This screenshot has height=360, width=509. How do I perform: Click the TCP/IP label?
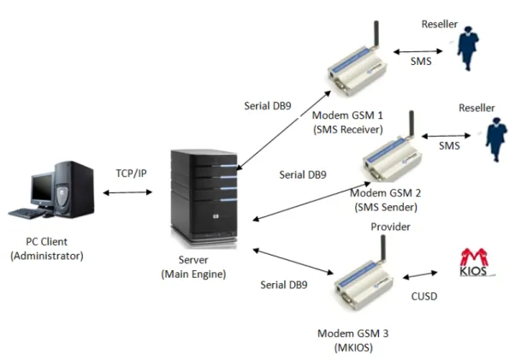click(x=131, y=174)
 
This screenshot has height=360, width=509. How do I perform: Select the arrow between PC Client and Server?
click(x=127, y=192)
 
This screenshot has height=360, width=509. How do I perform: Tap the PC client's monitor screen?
click(x=42, y=189)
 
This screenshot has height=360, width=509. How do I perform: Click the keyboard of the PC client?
click(x=27, y=213)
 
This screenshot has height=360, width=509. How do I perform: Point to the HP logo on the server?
click(x=216, y=216)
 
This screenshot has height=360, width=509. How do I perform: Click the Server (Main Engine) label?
click(x=193, y=267)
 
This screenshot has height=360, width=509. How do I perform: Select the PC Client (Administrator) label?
click(x=47, y=249)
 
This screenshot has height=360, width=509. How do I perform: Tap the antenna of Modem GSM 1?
click(x=376, y=34)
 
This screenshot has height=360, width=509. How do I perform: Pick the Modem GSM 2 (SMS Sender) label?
click(x=386, y=200)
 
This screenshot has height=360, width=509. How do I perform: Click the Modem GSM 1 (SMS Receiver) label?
click(x=347, y=122)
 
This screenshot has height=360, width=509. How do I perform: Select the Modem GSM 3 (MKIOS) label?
click(x=353, y=340)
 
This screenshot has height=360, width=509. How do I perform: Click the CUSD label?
click(x=424, y=296)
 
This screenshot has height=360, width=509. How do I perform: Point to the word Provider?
click(x=390, y=227)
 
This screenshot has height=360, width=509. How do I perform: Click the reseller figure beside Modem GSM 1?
click(x=467, y=48)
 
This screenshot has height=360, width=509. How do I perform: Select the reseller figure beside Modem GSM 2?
click(x=495, y=139)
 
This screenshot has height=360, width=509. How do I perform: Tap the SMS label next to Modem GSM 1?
click(x=421, y=61)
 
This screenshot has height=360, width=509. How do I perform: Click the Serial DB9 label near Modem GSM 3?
click(x=284, y=285)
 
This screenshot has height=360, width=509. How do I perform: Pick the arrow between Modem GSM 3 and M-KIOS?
click(x=420, y=275)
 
